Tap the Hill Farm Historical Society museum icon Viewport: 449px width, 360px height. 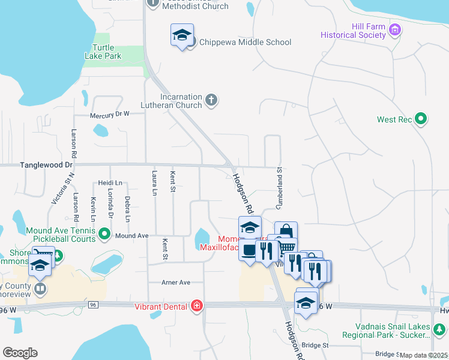(x=395, y=29)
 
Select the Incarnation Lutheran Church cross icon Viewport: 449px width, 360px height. (x=211, y=100)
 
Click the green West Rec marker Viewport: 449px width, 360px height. (x=421, y=119)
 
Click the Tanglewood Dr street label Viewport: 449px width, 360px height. (x=46, y=164)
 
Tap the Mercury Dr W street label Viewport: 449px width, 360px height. (x=109, y=115)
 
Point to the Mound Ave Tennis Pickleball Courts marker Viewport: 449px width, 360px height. (x=104, y=233)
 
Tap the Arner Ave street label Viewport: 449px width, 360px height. (x=176, y=282)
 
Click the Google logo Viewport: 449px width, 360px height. (x=20, y=353)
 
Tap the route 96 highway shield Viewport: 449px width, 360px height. (x=92, y=305)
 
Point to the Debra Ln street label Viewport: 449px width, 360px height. (x=127, y=206)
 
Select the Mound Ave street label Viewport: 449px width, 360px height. (x=131, y=236)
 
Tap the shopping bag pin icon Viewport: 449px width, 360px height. (x=286, y=232)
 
